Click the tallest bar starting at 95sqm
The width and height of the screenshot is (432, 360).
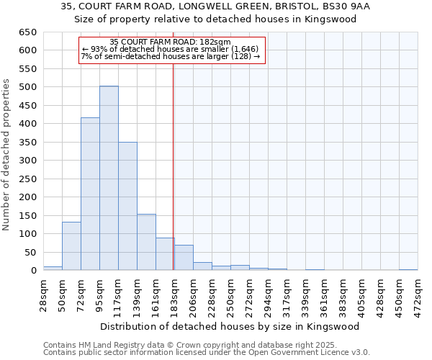tap(109, 178)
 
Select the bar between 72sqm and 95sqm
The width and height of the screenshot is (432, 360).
tap(90, 194)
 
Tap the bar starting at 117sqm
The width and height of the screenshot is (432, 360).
tap(127, 206)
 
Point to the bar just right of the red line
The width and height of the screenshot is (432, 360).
tap(184, 258)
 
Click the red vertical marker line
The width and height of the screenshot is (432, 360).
tap(174, 166)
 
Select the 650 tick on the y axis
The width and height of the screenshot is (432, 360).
tap(28, 32)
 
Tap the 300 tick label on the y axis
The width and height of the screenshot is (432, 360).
tap(28, 161)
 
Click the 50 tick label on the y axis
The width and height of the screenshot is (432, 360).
tap(31, 252)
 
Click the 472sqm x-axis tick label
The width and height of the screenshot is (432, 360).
tap(418, 294)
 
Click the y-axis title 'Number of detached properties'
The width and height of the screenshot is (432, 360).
tap(6, 166)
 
